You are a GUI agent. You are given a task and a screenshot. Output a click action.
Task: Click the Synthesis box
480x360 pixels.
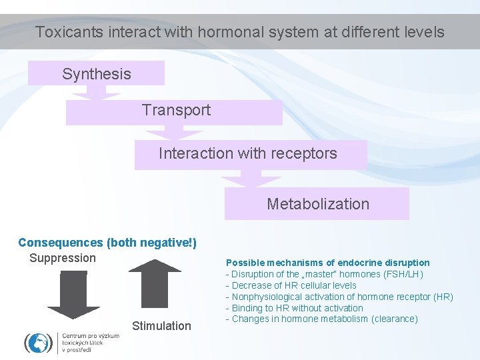pos(96,73)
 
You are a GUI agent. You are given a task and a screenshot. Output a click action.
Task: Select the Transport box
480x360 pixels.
pos(175,112)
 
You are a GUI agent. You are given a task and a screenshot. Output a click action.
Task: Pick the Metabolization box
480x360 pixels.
pos(317,204)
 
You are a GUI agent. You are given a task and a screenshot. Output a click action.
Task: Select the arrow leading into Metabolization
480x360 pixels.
pos(252,178)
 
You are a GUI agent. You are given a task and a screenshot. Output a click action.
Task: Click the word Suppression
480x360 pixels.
pos(63,258)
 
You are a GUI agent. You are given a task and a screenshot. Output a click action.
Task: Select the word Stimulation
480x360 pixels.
pos(161,326)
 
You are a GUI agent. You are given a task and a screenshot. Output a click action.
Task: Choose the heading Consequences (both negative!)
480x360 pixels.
pos(107,243)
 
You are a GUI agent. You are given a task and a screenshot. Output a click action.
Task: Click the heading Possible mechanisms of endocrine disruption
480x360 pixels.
pos(327,263)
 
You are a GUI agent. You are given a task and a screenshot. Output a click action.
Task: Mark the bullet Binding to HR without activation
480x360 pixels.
pos(296,308)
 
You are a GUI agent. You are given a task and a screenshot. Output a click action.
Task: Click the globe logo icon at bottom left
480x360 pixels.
pos(39,343)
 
